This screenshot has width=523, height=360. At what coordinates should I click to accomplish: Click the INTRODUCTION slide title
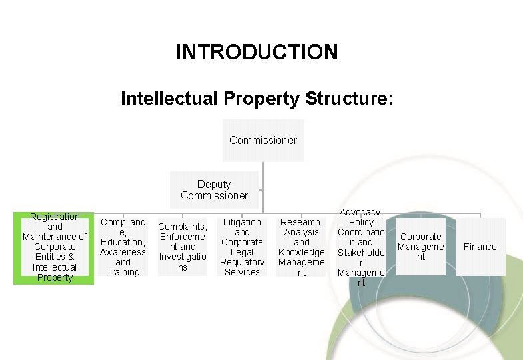point(257,52)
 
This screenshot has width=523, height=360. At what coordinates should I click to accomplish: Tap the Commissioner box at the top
point(263,140)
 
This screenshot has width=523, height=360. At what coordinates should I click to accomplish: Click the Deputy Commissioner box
point(214,190)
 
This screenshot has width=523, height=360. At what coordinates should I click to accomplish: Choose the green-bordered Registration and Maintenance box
point(54,247)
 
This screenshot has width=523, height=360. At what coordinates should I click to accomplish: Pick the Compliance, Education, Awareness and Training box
point(123,247)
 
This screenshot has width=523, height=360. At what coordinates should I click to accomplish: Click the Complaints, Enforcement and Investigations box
point(183,247)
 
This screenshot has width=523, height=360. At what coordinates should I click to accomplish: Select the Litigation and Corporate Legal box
point(242,247)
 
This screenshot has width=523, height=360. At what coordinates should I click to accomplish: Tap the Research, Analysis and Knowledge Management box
point(301,247)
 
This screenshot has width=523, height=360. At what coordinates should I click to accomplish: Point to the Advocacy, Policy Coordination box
point(361,247)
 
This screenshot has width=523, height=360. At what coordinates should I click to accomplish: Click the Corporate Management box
point(420,247)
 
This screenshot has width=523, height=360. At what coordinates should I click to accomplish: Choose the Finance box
point(480,247)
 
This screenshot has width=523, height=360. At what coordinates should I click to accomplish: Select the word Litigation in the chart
point(242,222)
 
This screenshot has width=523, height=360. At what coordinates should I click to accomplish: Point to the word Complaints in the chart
point(183,227)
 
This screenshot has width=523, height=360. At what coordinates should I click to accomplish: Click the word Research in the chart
point(301,222)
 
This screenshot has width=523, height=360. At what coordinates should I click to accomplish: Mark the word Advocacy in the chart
point(361,212)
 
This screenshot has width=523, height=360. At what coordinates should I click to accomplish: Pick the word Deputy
point(214,185)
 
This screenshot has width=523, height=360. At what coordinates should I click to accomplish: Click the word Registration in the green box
point(55,217)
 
